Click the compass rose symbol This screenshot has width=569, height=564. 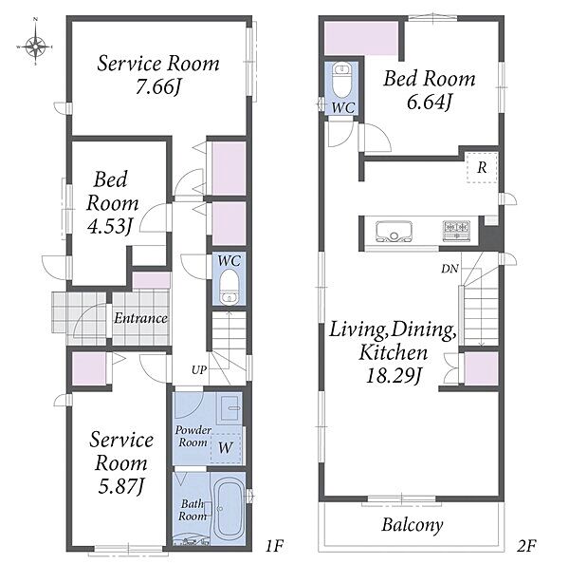(35, 47)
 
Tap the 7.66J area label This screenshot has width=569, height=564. (158, 86)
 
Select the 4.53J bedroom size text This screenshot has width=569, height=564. (109, 226)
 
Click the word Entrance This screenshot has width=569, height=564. (140, 318)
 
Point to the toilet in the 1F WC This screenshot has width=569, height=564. (229, 287)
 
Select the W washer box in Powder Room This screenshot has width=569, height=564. (226, 448)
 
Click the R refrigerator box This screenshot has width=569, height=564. (483, 167)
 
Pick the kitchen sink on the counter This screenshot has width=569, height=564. (395, 231)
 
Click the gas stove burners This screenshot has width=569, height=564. (456, 231)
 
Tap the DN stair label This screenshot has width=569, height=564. (450, 269)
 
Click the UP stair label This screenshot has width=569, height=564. (199, 370)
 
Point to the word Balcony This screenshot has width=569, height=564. (413, 525)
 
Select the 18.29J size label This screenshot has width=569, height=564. (393, 375)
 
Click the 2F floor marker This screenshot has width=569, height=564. (526, 545)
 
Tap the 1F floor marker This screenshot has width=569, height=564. (274, 545)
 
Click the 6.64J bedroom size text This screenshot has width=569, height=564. (430, 103)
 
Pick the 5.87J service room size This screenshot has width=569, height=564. (121, 486)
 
